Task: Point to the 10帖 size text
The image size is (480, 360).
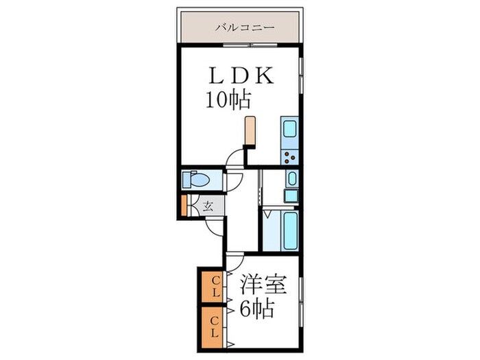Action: click(x=227, y=101)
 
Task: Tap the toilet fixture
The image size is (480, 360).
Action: click(x=198, y=180)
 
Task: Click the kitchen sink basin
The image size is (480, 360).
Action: click(x=288, y=130)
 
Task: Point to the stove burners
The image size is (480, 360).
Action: click(x=289, y=156)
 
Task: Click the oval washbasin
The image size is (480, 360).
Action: click(x=291, y=180)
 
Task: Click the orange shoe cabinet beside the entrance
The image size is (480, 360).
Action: click(x=184, y=206)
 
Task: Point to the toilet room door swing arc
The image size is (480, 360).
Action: click(x=234, y=182)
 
